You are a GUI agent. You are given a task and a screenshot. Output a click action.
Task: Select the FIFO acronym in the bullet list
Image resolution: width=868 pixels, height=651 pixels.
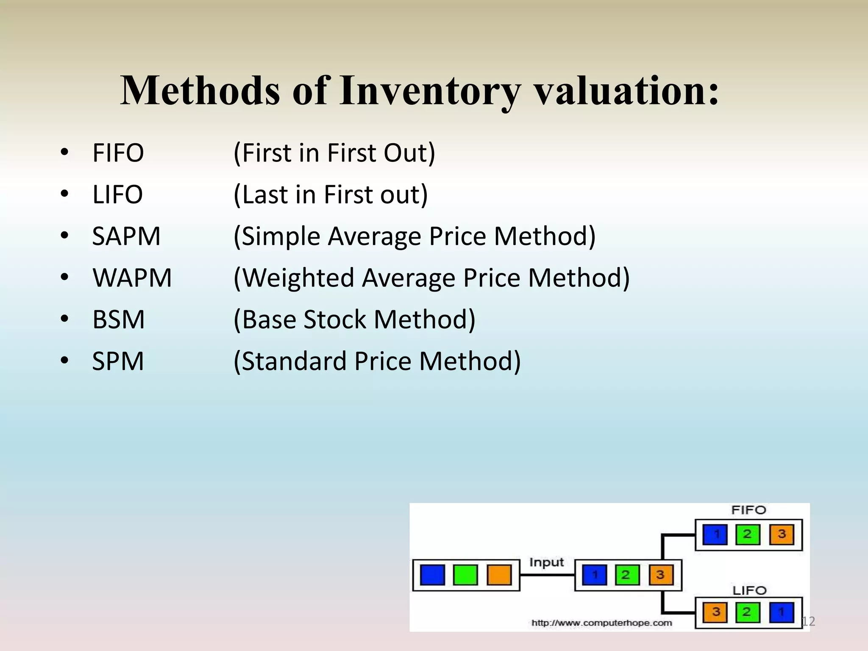[x=118, y=153]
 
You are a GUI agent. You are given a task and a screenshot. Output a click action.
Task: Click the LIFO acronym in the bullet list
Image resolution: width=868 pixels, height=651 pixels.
[x=117, y=195]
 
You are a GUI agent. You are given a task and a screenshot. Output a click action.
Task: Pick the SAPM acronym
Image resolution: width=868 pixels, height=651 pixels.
[x=126, y=236]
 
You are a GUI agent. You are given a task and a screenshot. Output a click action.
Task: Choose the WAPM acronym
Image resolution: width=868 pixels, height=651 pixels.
[x=132, y=278]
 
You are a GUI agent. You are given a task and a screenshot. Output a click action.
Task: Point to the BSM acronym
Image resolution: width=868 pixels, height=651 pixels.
[x=118, y=320]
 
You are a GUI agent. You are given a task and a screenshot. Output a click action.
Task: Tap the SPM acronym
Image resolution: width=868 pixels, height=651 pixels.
[x=118, y=361]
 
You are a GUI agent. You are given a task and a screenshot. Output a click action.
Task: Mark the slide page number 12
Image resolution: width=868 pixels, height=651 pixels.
[x=809, y=621]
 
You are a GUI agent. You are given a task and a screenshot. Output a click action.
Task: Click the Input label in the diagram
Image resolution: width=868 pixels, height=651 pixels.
[x=546, y=562]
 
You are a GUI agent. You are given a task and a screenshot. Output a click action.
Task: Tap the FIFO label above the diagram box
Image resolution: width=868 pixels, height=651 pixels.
[x=748, y=510]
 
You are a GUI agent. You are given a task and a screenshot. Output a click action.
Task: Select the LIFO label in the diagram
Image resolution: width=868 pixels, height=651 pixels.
[x=749, y=590]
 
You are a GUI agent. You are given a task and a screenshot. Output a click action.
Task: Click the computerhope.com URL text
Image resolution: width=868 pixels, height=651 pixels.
[x=602, y=623]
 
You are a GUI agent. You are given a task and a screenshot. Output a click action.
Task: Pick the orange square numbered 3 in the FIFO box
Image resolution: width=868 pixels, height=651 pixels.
[x=782, y=534]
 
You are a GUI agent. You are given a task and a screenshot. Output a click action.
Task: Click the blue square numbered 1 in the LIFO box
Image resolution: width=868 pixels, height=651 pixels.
[x=781, y=612]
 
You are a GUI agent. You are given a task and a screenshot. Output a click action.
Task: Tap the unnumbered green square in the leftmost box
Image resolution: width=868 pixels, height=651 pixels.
[x=465, y=575]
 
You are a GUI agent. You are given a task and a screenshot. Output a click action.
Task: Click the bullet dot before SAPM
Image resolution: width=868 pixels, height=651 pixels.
[x=64, y=235]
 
